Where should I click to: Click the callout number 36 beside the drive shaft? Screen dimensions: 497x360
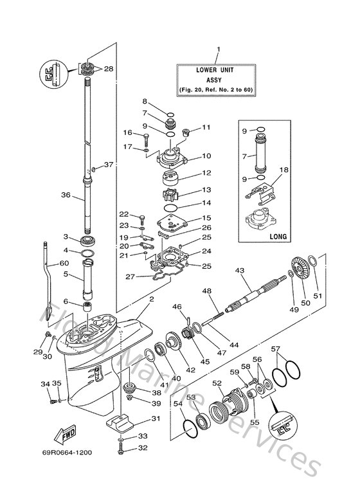tap(64, 196)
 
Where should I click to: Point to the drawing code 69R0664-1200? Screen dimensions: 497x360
tap(68, 453)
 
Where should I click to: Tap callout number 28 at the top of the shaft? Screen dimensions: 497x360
tap(108, 68)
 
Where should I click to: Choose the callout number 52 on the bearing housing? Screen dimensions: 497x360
tap(217, 384)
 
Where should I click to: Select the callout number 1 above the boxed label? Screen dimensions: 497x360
tap(217, 50)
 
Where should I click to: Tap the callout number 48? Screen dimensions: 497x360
tap(208, 291)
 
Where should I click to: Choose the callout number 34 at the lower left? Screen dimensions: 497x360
tap(46, 384)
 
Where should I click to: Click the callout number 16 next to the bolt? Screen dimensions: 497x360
tap(127, 133)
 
